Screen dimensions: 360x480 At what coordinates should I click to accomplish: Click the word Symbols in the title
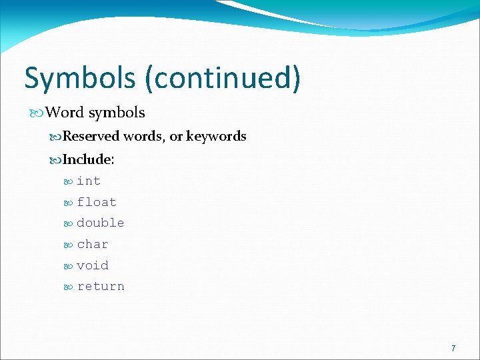click(80, 78)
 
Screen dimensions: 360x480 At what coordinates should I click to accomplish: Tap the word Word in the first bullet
click(65, 113)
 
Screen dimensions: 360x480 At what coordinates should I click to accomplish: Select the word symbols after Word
click(117, 113)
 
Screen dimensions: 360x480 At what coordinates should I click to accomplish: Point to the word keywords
click(216, 137)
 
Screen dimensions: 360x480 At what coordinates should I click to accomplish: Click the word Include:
click(88, 160)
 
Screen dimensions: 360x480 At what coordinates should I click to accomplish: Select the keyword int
click(88, 181)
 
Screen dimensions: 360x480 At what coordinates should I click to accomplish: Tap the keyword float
click(96, 202)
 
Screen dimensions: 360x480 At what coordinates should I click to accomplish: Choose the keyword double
click(100, 223)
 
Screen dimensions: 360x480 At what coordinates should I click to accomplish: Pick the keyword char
click(92, 244)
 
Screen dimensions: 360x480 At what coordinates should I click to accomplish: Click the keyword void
click(92, 265)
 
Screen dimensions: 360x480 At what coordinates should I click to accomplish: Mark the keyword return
click(100, 286)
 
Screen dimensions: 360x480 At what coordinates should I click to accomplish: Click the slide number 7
click(453, 348)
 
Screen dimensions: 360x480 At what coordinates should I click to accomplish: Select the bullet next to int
click(69, 181)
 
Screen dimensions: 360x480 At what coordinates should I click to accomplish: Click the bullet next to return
click(69, 287)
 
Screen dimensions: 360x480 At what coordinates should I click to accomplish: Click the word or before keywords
click(176, 137)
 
